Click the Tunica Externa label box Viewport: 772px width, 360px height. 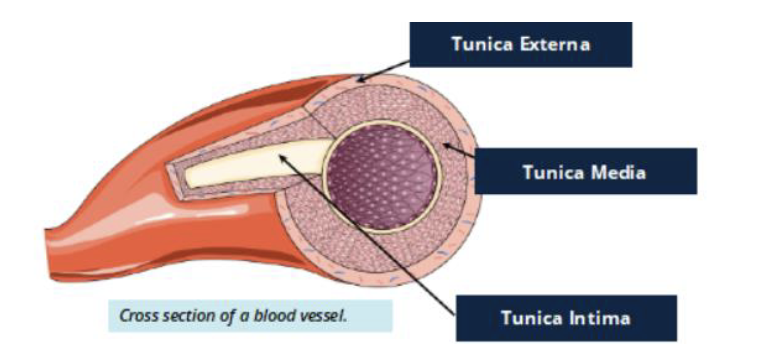tap(520, 44)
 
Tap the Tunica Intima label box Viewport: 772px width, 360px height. tap(565, 319)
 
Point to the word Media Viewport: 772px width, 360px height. tap(617, 171)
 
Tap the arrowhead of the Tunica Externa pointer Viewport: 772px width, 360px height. tap(360, 80)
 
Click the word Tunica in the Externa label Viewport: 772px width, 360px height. tap(483, 44)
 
